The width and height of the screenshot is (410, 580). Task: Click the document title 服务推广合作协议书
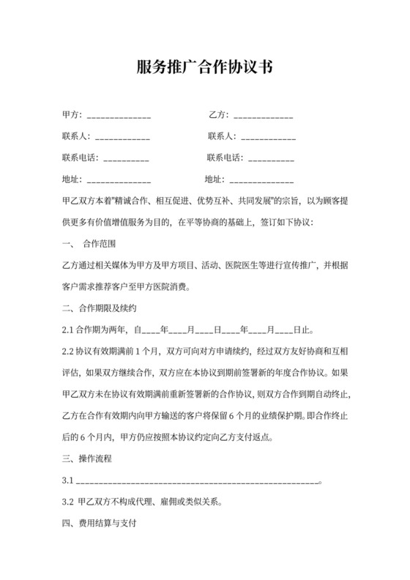coord(205,68)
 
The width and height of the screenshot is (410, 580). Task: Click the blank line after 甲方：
coord(119,116)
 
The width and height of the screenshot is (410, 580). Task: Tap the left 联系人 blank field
coord(122,137)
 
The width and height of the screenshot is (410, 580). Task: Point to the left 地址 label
coord(73,179)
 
